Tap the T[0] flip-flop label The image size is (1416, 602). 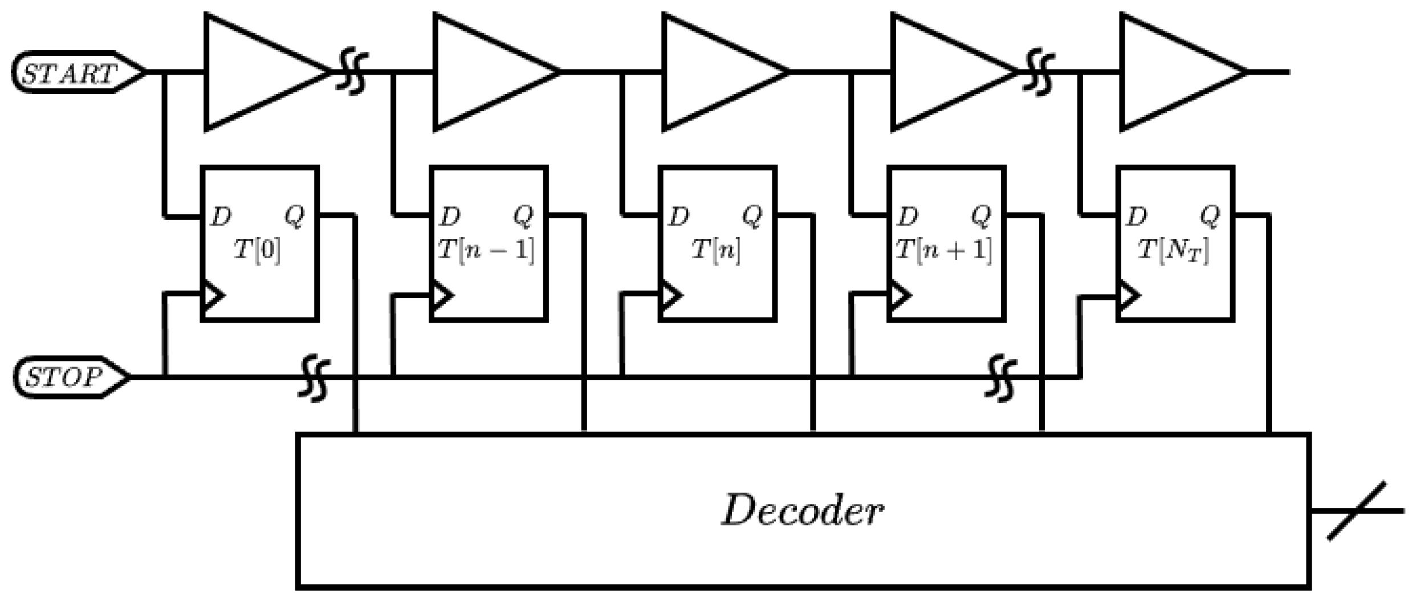tap(258, 250)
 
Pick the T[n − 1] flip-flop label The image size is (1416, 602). tap(486, 250)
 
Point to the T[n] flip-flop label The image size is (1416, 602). tap(716, 250)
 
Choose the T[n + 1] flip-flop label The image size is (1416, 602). tap(944, 250)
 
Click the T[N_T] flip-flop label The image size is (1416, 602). tap(1173, 251)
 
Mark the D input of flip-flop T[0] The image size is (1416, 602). tap(221, 217)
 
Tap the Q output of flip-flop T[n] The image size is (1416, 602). tap(752, 216)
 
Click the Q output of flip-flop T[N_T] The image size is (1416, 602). tap(1210, 216)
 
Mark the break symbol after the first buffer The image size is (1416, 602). tap(351, 72)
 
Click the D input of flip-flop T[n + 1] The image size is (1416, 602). tap(908, 217)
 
